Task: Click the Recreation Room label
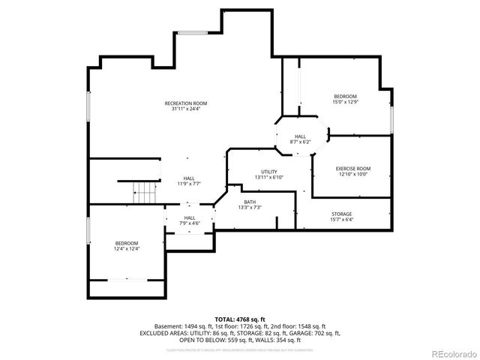[186, 103]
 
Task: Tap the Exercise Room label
[352, 169]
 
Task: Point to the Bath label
[249, 202]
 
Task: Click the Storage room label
[341, 214]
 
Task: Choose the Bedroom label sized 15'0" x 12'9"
[345, 96]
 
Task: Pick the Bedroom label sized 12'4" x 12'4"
[127, 243]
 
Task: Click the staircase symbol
[137, 193]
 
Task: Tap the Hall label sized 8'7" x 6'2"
[299, 136]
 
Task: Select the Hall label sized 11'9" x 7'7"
[189, 178]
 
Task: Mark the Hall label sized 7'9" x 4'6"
[190, 217]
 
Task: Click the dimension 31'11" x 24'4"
[186, 109]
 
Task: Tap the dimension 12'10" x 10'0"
[352, 175]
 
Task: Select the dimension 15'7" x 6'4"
[341, 220]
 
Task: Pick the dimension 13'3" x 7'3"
[249, 208]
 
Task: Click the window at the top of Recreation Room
[197, 32]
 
